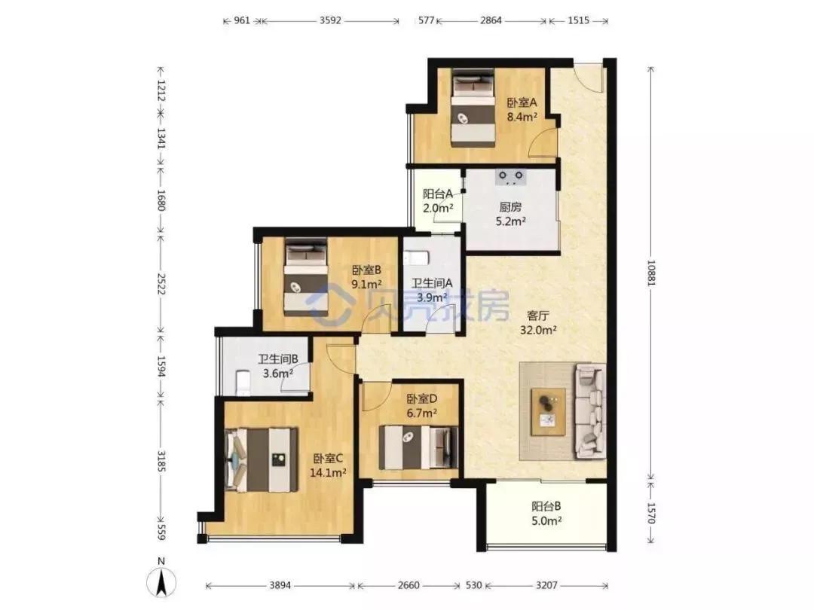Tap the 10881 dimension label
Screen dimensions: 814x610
(651, 272)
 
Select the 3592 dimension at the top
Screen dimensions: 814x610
(330, 20)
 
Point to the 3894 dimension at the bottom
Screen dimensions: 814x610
(280, 585)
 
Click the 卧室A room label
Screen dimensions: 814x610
(522, 102)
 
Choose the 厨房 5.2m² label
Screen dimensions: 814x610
(510, 214)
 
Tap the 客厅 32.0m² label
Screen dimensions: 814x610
(538, 322)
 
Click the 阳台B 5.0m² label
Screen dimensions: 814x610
(546, 514)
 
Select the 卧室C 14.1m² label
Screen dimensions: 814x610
(328, 465)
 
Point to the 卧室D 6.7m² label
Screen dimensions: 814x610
(421, 406)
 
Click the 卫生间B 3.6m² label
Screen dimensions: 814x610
(277, 366)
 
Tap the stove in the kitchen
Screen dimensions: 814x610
(511, 178)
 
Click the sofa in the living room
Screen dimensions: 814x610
(590, 411)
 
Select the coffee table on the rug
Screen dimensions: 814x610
(548, 411)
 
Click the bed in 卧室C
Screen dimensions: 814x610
(262, 459)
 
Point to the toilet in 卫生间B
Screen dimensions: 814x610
(243, 383)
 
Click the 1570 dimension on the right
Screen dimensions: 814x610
(651, 513)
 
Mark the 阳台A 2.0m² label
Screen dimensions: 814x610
(438, 201)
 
